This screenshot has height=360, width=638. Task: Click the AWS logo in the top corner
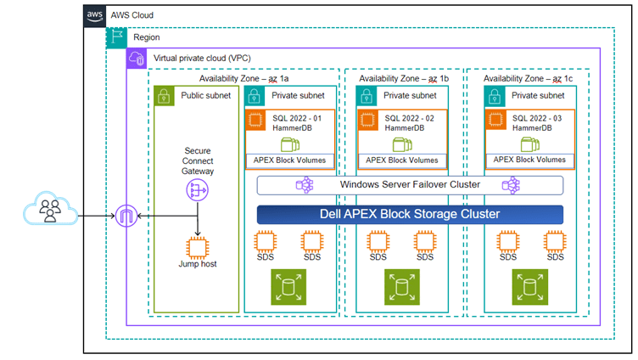click(94, 14)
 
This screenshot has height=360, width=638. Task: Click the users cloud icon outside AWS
click(47, 209)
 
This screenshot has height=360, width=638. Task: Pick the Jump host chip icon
click(197, 247)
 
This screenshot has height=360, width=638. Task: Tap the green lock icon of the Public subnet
click(164, 95)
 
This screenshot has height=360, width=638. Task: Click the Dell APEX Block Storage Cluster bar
click(410, 214)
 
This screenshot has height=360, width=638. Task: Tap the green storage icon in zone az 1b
click(400, 287)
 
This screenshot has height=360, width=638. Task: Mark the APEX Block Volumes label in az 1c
click(529, 160)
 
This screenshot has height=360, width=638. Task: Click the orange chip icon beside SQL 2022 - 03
click(495, 121)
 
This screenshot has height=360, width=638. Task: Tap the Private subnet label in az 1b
click(411, 96)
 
